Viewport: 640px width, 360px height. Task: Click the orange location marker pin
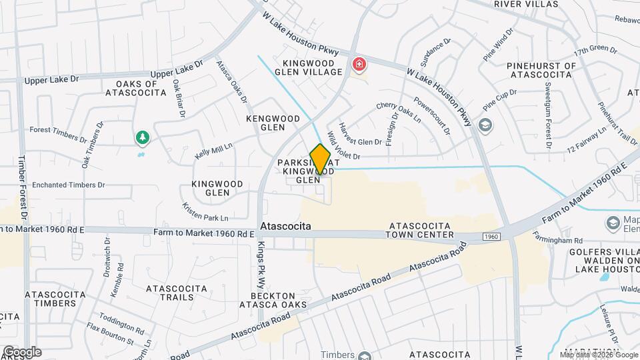pos(320,159)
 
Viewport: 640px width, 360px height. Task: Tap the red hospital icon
pos(359,65)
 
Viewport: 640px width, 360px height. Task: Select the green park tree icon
pos(142,138)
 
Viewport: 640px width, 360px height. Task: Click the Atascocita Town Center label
pos(421,230)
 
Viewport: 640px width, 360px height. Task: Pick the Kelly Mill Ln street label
pos(213,150)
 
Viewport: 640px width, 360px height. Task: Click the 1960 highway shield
pos(491,237)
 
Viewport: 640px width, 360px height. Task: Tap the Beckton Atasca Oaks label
pos(279,300)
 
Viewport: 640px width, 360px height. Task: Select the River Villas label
pos(526,3)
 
